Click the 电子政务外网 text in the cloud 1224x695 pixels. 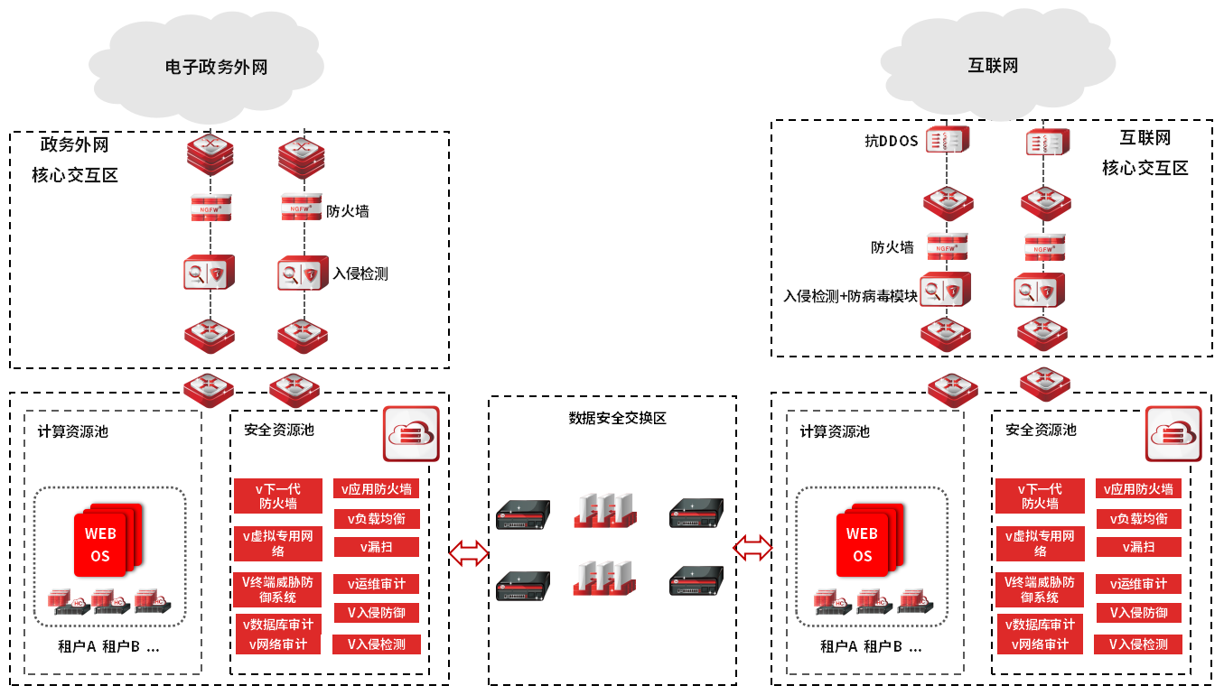pyautogui.click(x=217, y=68)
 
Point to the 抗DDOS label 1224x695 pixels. pyautogui.click(x=891, y=141)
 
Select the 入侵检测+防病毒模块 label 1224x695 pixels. pyautogui.click(x=850, y=295)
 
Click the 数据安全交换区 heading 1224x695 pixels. pyautogui.click(x=617, y=418)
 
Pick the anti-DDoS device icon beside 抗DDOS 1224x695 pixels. pyautogui.click(x=947, y=142)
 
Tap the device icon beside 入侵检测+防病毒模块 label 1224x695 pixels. pyautogui.click(x=946, y=289)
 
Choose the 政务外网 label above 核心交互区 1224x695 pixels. pyautogui.click(x=75, y=144)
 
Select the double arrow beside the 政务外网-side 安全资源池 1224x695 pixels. pyautogui.click(x=468, y=552)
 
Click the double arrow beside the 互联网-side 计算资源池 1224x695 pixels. pyautogui.click(x=752, y=546)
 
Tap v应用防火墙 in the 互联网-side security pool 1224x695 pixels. pyautogui.click(x=1138, y=488)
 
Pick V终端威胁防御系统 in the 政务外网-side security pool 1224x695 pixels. pyautogui.click(x=278, y=589)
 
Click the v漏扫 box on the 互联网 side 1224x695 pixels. pyautogui.click(x=1138, y=547)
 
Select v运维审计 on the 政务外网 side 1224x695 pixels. pyautogui.click(x=377, y=584)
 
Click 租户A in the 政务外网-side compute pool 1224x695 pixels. pyautogui.click(x=77, y=646)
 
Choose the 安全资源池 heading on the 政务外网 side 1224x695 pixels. pyautogui.click(x=279, y=431)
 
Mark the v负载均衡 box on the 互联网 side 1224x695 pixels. pyautogui.click(x=1138, y=519)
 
